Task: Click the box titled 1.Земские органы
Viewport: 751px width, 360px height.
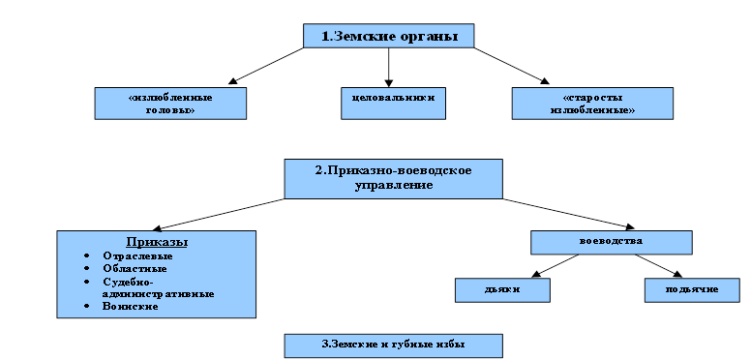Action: pyautogui.click(x=388, y=36)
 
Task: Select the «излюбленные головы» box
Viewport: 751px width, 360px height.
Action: pyautogui.click(x=170, y=104)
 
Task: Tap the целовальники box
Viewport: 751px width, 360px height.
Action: pyautogui.click(x=393, y=104)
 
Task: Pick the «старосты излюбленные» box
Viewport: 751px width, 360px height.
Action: pyautogui.click(x=592, y=104)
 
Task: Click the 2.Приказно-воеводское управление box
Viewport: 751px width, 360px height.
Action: pyautogui.click(x=393, y=179)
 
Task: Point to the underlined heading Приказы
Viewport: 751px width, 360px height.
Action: pyautogui.click(x=157, y=242)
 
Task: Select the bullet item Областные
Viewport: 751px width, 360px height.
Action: pyautogui.click(x=135, y=269)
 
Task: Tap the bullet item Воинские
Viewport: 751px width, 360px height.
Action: pyautogui.click(x=131, y=307)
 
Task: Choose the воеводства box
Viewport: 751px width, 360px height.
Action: pyautogui.click(x=611, y=242)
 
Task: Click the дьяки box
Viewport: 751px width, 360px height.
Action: pyautogui.click(x=502, y=290)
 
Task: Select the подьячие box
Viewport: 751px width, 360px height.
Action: pyautogui.click(x=692, y=290)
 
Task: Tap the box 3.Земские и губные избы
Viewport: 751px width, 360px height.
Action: pyautogui.click(x=393, y=345)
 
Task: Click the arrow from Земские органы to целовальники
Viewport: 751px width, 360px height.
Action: pyautogui.click(x=388, y=68)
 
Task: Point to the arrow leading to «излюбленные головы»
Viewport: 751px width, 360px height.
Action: pyautogui.click(x=266, y=66)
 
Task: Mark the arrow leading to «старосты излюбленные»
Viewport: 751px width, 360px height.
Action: pyautogui.click(x=512, y=66)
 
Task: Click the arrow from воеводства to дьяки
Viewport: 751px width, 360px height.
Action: pyautogui.click(x=556, y=266)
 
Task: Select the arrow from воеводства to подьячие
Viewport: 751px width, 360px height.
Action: pyautogui.click(x=658, y=266)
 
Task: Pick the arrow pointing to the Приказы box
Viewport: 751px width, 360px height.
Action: pyautogui.click(x=219, y=215)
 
